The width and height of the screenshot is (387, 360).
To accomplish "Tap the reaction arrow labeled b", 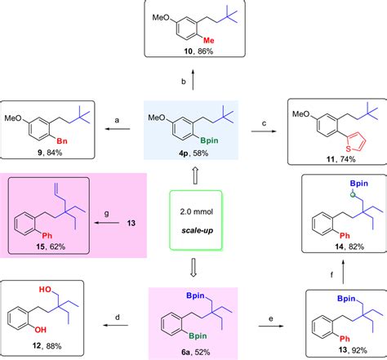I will click(193, 85).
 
